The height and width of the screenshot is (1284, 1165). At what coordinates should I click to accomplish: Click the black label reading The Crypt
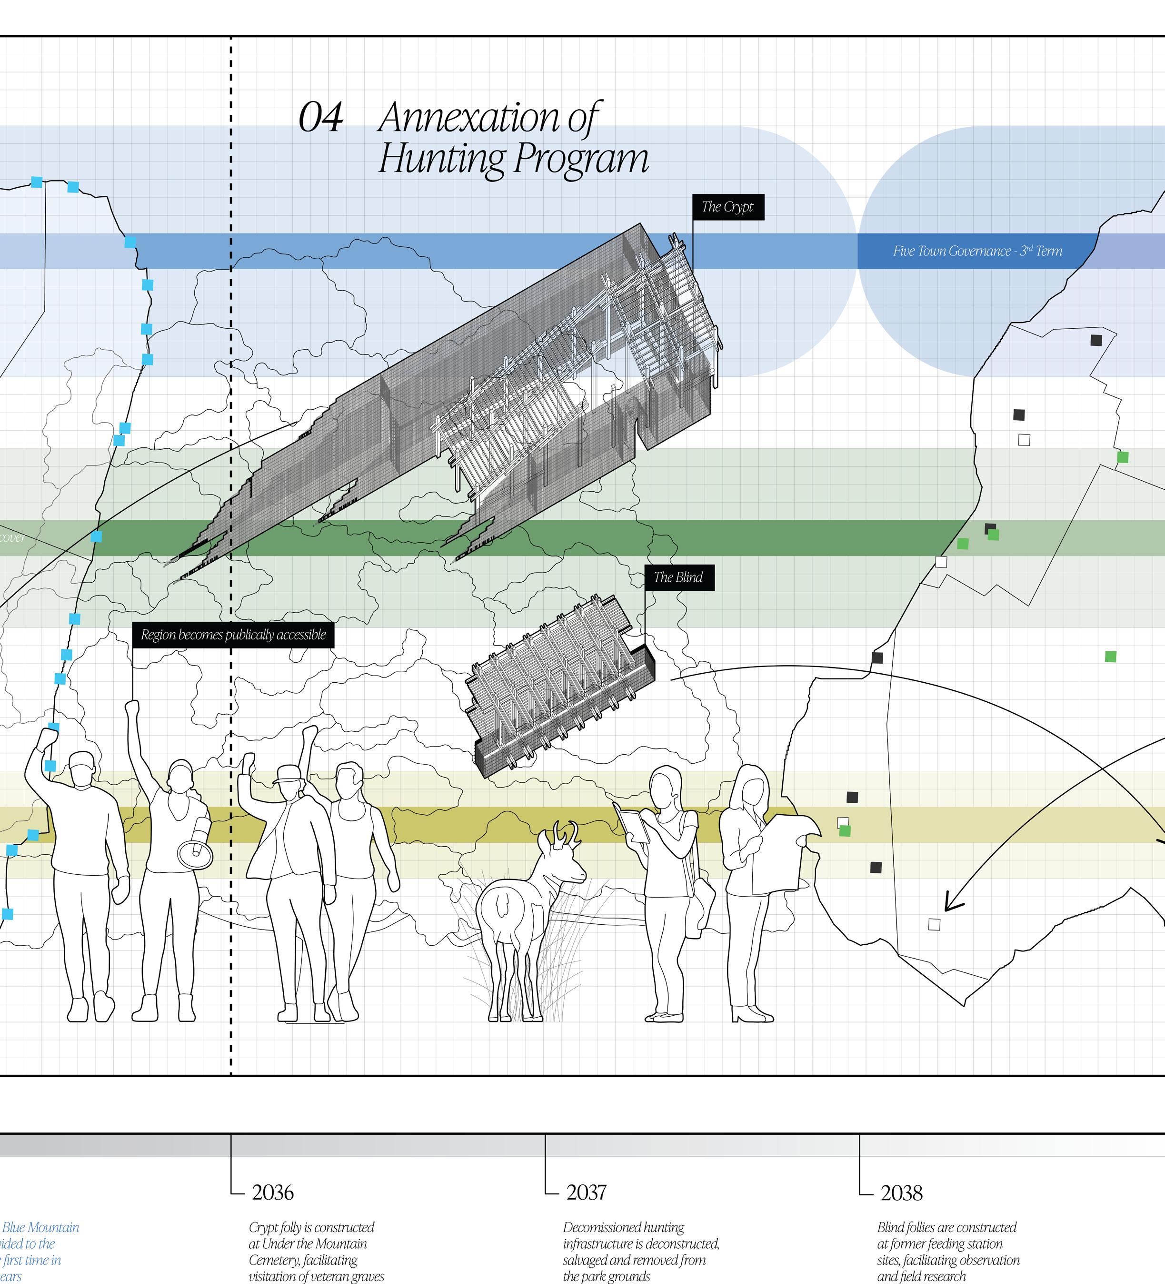(x=727, y=207)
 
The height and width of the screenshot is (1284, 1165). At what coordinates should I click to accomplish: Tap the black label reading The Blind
(x=678, y=577)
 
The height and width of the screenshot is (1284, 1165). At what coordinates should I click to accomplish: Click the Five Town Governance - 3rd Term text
(x=977, y=251)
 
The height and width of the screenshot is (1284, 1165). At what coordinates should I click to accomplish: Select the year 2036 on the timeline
(x=272, y=1192)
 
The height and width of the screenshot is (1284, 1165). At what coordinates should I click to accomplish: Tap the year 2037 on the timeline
(x=587, y=1192)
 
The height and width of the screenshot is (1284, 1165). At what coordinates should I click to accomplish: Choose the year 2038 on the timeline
(x=901, y=1192)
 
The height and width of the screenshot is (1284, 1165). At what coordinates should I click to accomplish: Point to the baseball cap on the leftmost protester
(x=81, y=760)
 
